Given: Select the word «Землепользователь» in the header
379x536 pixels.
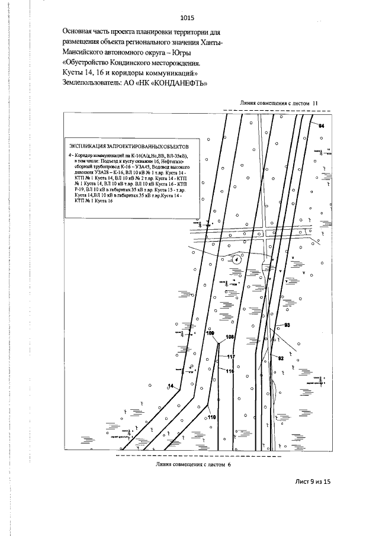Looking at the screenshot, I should [x=97, y=82].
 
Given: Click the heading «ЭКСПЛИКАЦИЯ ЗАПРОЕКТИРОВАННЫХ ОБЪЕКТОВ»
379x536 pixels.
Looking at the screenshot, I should [x=128, y=146].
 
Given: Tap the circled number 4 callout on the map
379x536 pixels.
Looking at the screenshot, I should [x=236, y=259].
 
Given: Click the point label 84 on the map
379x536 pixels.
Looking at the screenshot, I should [x=322, y=126].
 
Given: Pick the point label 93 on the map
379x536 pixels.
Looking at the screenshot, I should [x=287, y=325].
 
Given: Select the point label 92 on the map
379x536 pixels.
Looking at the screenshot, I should [x=281, y=358].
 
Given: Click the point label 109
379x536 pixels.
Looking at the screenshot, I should [x=210, y=334].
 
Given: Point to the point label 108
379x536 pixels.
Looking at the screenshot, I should [x=231, y=336].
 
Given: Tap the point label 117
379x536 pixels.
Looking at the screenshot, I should [x=231, y=357].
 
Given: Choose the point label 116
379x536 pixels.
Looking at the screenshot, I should [x=230, y=371].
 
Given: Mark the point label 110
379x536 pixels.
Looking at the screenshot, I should [x=211, y=417].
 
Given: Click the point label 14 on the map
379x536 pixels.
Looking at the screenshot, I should [x=171, y=386].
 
